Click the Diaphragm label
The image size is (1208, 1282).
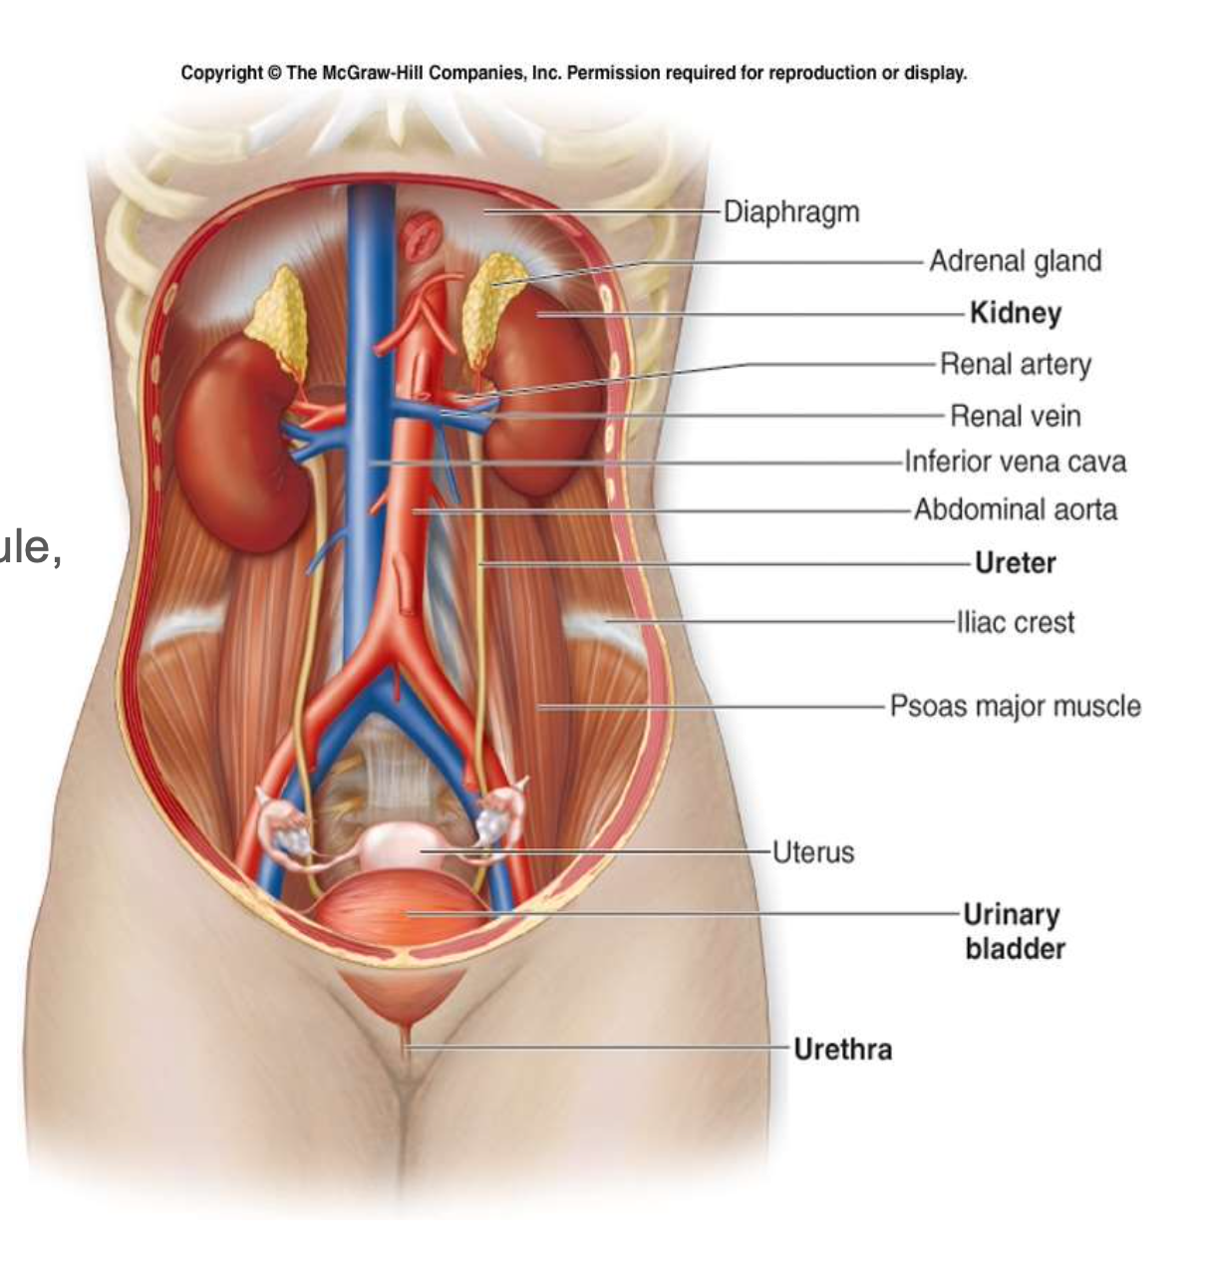click(790, 212)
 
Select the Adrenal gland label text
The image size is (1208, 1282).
click(1015, 261)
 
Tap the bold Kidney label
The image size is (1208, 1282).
click(1015, 313)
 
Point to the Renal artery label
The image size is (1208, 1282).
click(1015, 365)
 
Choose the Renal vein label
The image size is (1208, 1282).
click(1015, 416)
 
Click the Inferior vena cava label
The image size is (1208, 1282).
click(1015, 462)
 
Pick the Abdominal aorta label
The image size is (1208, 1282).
click(1015, 509)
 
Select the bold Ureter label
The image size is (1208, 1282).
click(1015, 563)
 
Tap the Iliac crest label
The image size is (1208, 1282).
click(1015, 623)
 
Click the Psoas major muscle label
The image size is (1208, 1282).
click(1015, 707)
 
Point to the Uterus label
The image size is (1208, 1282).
click(813, 852)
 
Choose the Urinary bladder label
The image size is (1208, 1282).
click(1013, 931)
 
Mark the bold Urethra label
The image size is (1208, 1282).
click(842, 1049)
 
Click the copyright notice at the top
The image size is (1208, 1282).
click(573, 74)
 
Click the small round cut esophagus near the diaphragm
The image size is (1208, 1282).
click(421, 236)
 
